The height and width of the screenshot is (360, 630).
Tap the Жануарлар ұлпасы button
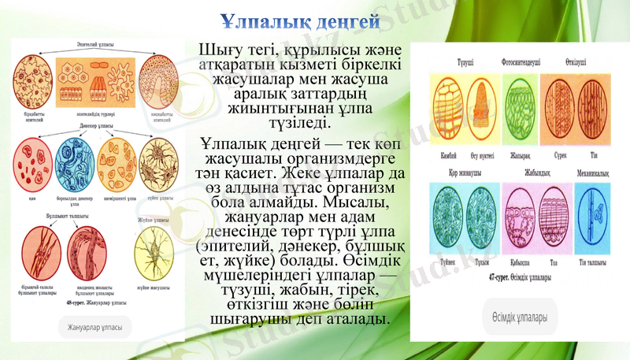point(94,327)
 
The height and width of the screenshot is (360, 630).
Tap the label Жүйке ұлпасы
point(154,219)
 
